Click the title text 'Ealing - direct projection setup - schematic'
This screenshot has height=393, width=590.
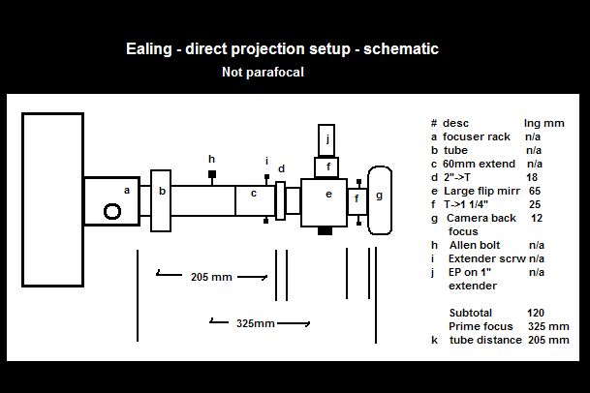pyautogui.click(x=282, y=48)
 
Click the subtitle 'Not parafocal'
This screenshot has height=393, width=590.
pyautogui.click(x=263, y=72)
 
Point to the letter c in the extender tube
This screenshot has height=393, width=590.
pyautogui.click(x=253, y=193)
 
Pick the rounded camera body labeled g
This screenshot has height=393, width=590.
pyautogui.click(x=379, y=199)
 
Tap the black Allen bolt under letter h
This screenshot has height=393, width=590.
pyautogui.click(x=211, y=175)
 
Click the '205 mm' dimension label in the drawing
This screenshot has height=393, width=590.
pyautogui.click(x=211, y=277)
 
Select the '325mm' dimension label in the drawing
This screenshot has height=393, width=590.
pyautogui.click(x=256, y=322)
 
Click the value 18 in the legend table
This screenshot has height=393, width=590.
pyautogui.click(x=533, y=177)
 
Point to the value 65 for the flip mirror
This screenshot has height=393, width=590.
pyautogui.click(x=535, y=191)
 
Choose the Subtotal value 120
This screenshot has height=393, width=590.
pyautogui.click(x=536, y=313)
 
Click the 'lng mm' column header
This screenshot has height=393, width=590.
pyautogui.click(x=543, y=123)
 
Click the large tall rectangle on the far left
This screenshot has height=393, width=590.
pyautogui.click(x=52, y=198)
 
